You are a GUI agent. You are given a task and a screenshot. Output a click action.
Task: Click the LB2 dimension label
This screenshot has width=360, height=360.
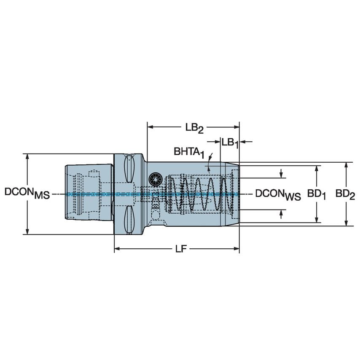click(x=194, y=127)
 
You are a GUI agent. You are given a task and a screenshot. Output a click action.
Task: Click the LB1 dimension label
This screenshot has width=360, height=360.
click(x=230, y=142)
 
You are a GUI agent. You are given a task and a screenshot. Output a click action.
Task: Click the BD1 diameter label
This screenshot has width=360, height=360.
click(x=316, y=194)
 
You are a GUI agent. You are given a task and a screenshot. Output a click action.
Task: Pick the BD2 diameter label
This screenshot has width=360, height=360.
click(x=345, y=194)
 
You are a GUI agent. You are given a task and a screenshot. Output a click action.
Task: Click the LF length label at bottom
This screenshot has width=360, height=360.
click(x=181, y=249)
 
